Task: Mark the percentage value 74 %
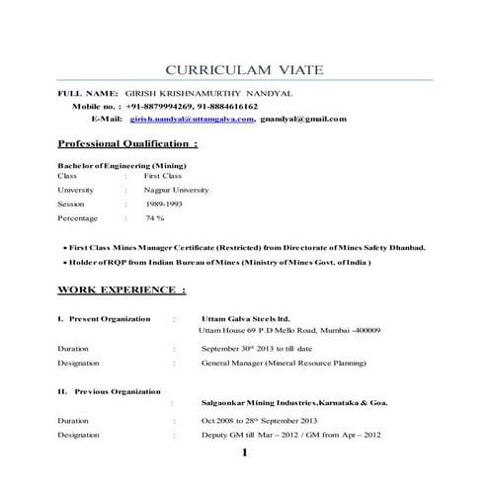pos(155,217)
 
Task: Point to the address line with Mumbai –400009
pos(289,330)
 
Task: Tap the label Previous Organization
pos(111,392)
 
